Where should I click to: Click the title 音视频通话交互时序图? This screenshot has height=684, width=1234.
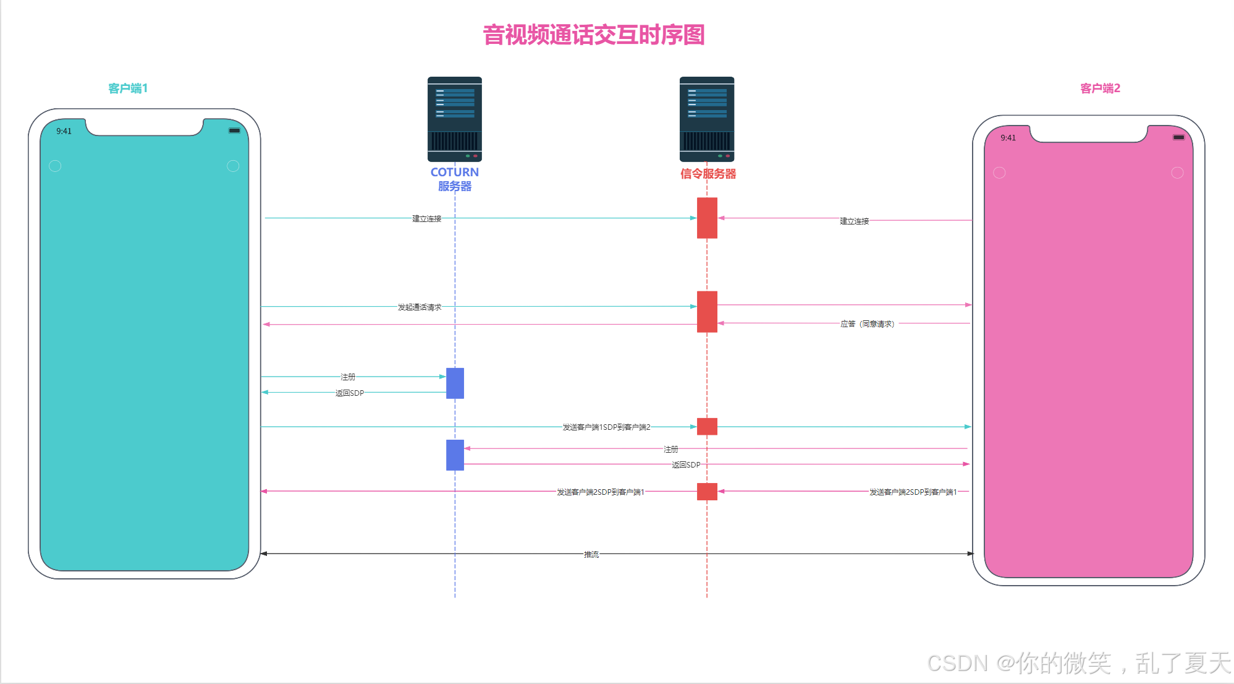pos(593,35)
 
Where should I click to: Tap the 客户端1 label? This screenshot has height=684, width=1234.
pos(128,88)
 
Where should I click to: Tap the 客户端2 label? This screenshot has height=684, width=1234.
pos(1100,88)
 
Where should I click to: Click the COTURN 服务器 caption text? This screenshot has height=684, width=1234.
pos(454,179)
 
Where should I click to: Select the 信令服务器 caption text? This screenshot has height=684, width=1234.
pos(708,174)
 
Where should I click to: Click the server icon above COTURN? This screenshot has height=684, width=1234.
pos(454,119)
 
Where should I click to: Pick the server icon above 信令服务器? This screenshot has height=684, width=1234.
pos(707,119)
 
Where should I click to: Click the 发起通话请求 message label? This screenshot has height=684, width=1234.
pos(420,307)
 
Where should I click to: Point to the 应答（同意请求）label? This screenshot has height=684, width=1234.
pos(868,324)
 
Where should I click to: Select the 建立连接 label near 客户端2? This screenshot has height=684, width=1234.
pos(854,221)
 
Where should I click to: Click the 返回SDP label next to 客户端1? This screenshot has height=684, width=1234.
pos(350,393)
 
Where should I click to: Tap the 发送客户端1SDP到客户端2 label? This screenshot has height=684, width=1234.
pos(606,427)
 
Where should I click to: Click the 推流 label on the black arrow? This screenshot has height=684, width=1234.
pos(591,555)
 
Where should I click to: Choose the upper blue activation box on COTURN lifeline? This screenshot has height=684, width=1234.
pos(455,383)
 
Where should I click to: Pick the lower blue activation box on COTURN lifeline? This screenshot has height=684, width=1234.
pos(455,455)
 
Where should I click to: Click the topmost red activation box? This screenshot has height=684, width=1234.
pos(707,218)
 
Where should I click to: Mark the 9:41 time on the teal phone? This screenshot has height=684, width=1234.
pos(64,131)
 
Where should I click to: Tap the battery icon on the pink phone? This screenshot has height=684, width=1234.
pos(1178,137)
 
